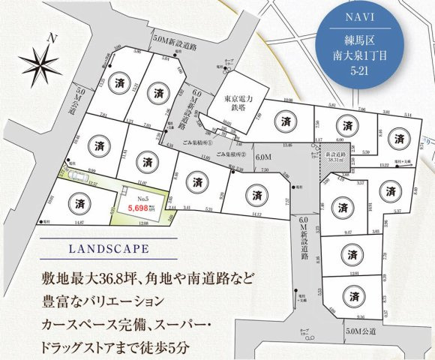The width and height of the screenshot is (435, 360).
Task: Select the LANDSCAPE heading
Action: pyautogui.click(x=104, y=247)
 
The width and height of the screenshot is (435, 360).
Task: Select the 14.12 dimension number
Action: pyautogui.click(x=258, y=214)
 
